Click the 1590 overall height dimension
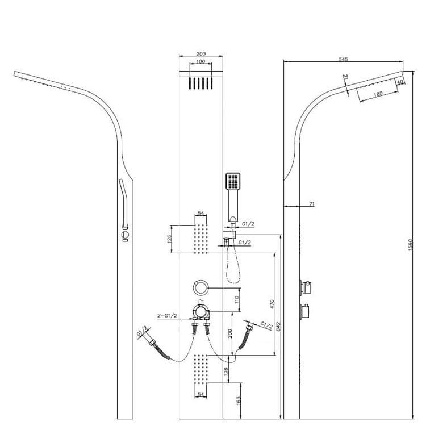[x=411, y=245]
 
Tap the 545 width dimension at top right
[x=343, y=59]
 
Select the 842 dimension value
[x=278, y=326]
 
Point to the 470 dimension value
[x=273, y=304]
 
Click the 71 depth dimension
[x=312, y=204]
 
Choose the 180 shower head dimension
[x=378, y=94]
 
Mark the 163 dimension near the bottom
[x=238, y=400]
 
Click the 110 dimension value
[x=236, y=300]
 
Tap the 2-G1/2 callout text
[x=167, y=315]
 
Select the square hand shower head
[x=233, y=181]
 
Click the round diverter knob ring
[x=201, y=287]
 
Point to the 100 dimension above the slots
[x=201, y=61]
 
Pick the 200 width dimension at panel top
[x=201, y=54]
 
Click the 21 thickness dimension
[x=345, y=77]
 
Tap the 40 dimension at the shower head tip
[x=400, y=82]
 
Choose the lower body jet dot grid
[x=201, y=369]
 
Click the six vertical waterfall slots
[x=201, y=83]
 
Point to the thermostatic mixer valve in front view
[x=201, y=311]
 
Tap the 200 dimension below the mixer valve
[x=230, y=333]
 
